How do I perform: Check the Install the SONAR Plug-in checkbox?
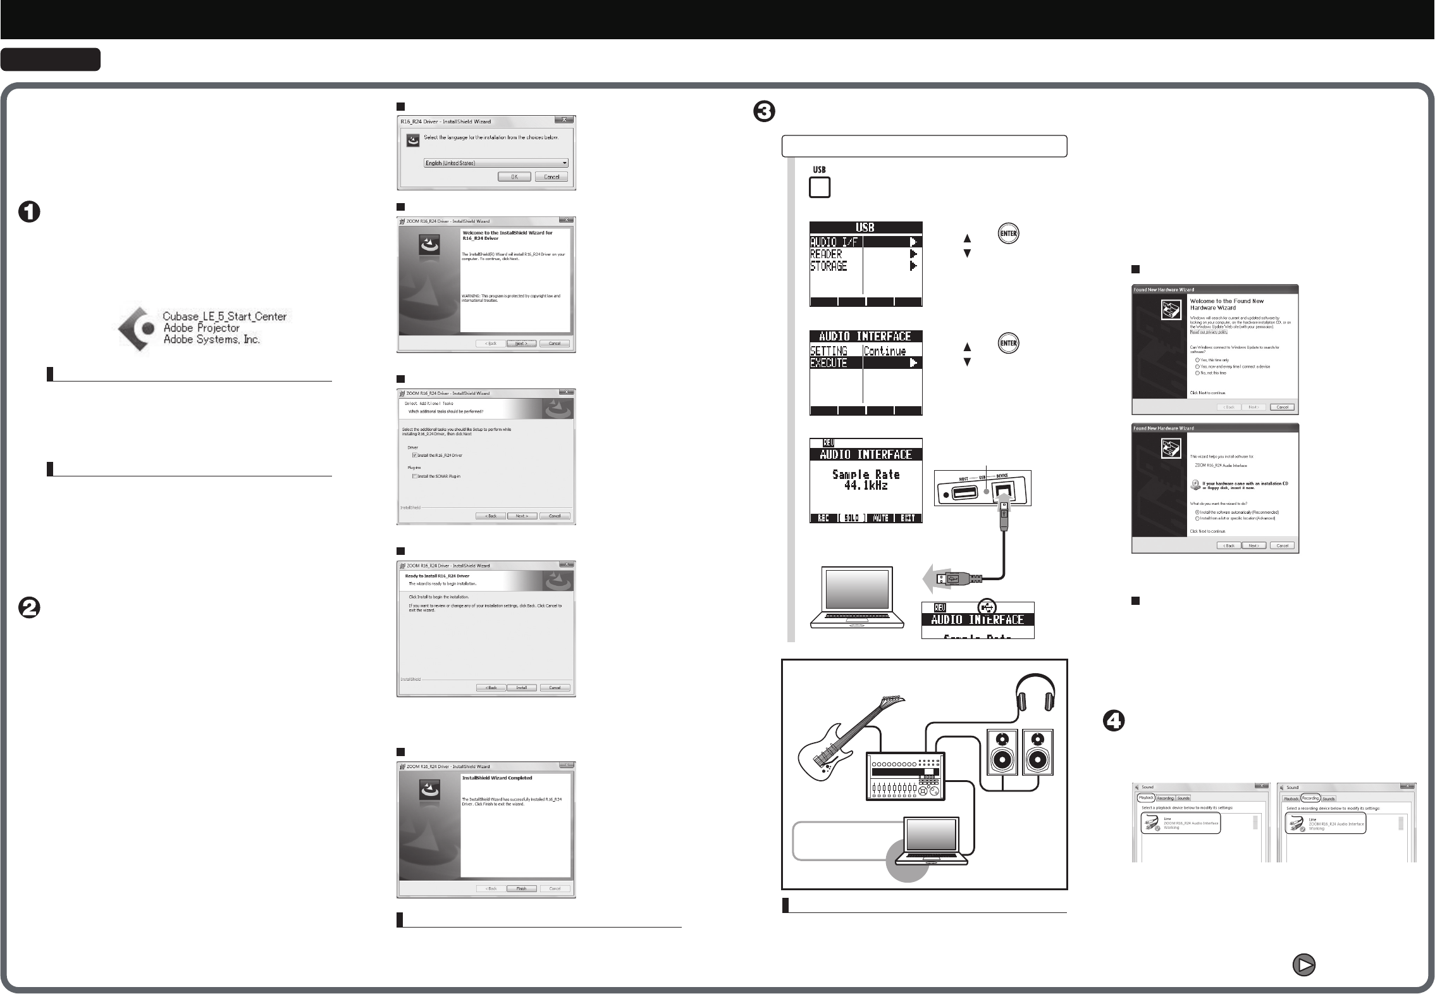pos(414,476)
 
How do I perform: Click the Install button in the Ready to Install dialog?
pos(521,688)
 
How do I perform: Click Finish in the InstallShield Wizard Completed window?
pos(521,888)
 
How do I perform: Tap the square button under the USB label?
pos(820,188)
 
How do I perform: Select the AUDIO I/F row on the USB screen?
pos(865,242)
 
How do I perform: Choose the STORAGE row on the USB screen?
pos(865,266)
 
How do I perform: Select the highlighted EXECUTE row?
pos(865,363)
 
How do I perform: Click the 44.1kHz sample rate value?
pos(866,485)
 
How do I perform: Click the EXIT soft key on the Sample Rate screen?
pos(908,518)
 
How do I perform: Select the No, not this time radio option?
pos(1198,373)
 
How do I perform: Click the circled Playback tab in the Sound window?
pos(1146,798)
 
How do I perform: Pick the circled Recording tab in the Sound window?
pos(1310,798)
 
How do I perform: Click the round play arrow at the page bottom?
pos(1303,965)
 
